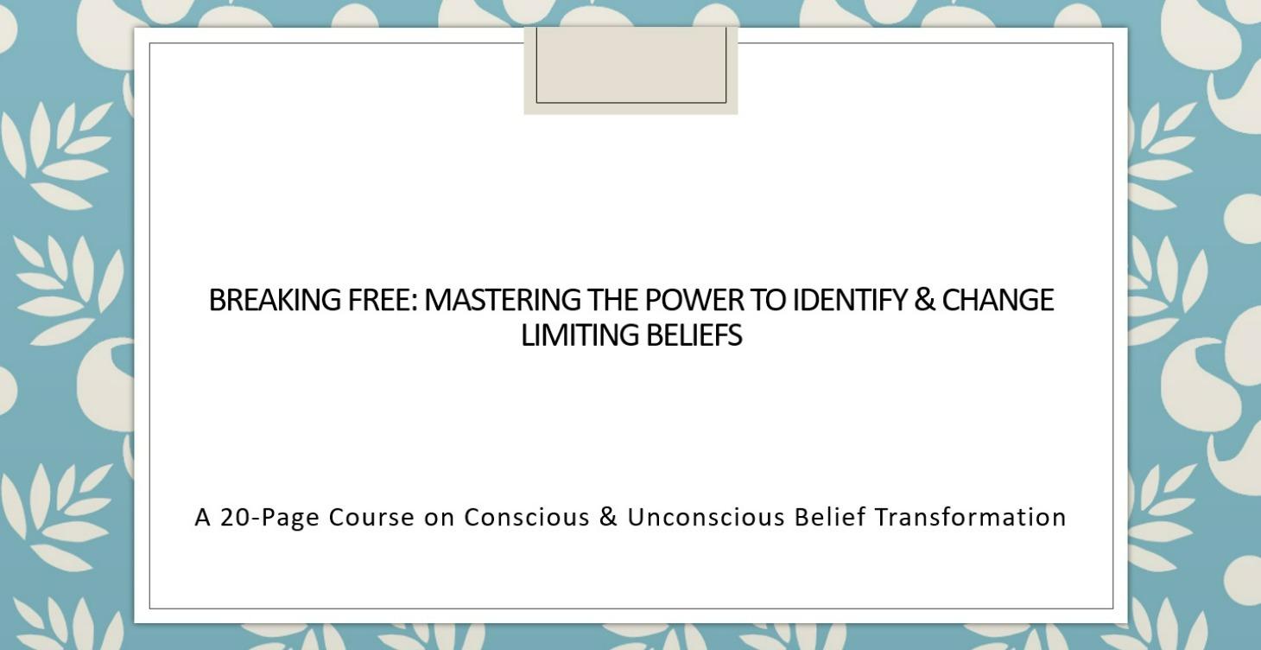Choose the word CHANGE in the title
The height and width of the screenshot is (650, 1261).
(998, 300)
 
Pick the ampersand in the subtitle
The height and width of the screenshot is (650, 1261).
(608, 517)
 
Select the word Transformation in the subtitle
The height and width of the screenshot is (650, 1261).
(971, 517)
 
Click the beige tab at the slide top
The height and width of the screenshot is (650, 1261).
(630, 69)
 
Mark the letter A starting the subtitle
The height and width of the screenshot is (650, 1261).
(203, 517)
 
